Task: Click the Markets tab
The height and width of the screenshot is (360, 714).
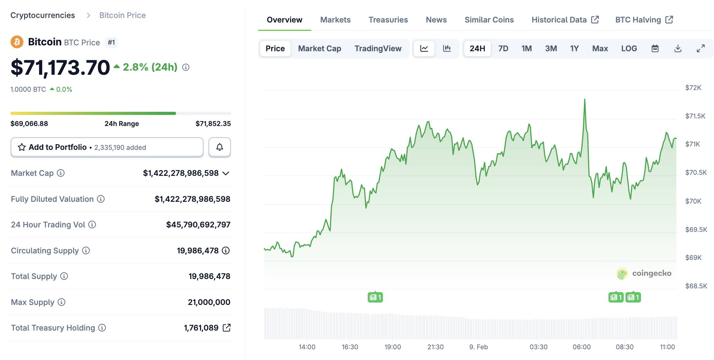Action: pyautogui.click(x=335, y=20)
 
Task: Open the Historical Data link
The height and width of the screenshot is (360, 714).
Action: pyautogui.click(x=565, y=20)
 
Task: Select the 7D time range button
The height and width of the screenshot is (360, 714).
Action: pyautogui.click(x=503, y=48)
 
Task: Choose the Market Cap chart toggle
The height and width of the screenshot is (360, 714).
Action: pyautogui.click(x=319, y=48)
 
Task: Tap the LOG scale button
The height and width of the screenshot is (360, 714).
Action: pyautogui.click(x=629, y=48)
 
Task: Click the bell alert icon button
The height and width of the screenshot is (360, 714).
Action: pyautogui.click(x=219, y=147)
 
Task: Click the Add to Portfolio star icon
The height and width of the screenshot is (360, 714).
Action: pyautogui.click(x=22, y=147)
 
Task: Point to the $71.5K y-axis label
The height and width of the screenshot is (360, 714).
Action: pyautogui.click(x=695, y=116)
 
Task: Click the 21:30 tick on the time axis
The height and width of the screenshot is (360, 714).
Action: pyautogui.click(x=435, y=347)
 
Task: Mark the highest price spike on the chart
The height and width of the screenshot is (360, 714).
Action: pyautogui.click(x=585, y=100)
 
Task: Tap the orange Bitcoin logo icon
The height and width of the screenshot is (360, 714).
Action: pyautogui.click(x=17, y=42)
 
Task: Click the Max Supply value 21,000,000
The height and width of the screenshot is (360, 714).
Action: pyautogui.click(x=209, y=302)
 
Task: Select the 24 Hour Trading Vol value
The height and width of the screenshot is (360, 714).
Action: pyautogui.click(x=198, y=225)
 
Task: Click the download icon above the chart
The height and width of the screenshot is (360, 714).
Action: pyautogui.click(x=678, y=48)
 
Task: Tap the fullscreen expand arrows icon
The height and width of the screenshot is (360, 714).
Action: pyautogui.click(x=701, y=48)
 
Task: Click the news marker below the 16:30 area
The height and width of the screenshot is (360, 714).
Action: pyautogui.click(x=375, y=297)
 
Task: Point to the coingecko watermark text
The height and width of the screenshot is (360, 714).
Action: pyautogui.click(x=651, y=273)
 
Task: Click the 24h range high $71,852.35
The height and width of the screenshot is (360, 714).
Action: pyautogui.click(x=213, y=124)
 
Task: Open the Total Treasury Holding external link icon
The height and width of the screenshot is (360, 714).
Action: pyautogui.click(x=227, y=328)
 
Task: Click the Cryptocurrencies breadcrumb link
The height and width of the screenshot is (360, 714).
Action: pyautogui.click(x=43, y=15)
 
